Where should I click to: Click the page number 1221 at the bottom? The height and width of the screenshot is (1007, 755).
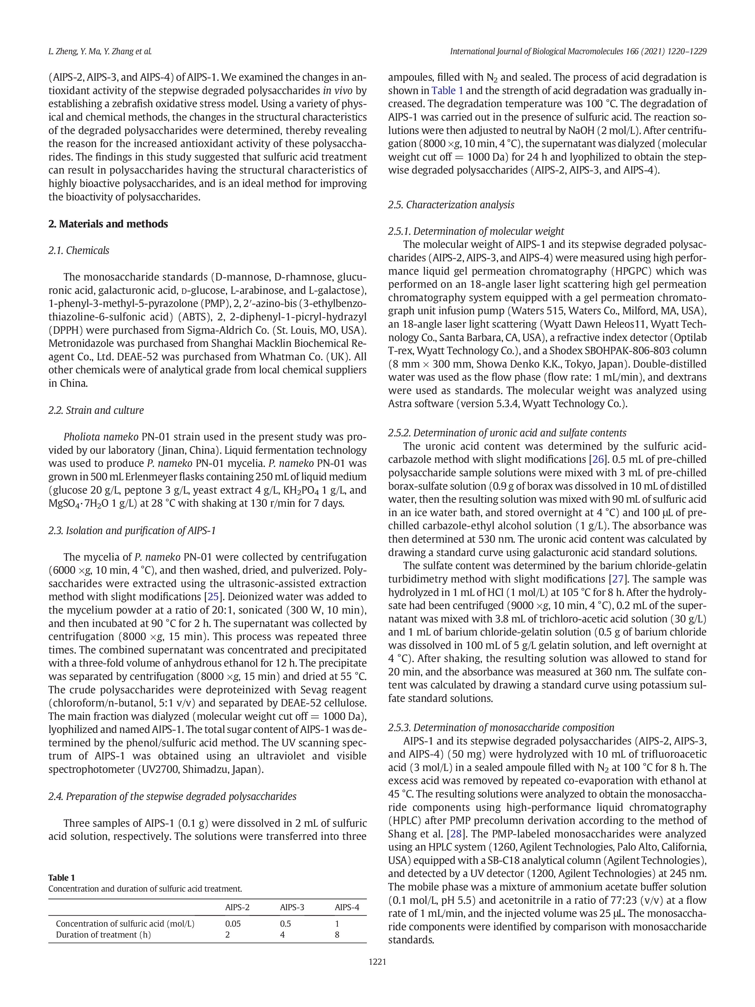(377, 962)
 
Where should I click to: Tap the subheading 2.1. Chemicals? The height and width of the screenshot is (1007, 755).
(79, 250)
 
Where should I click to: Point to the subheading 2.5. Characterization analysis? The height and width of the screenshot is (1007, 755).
(451, 205)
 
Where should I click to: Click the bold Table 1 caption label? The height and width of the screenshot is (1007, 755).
(61, 878)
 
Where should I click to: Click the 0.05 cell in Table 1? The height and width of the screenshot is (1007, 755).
(233, 924)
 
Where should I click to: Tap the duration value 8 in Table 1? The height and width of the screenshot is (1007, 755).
(337, 935)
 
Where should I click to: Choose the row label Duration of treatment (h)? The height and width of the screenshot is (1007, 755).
(103, 935)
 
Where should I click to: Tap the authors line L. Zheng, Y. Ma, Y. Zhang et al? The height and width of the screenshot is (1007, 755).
(100, 51)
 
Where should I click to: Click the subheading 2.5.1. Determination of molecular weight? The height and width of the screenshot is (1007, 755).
(476, 231)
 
